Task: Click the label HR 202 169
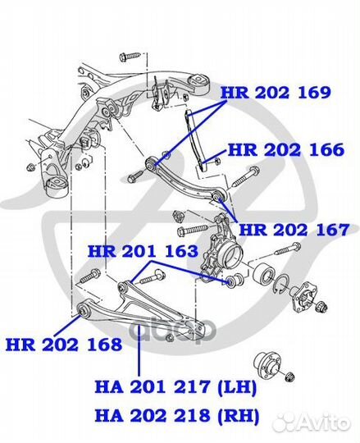276,93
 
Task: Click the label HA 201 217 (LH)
175,386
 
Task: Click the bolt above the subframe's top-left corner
130,57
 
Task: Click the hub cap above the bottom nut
268,361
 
